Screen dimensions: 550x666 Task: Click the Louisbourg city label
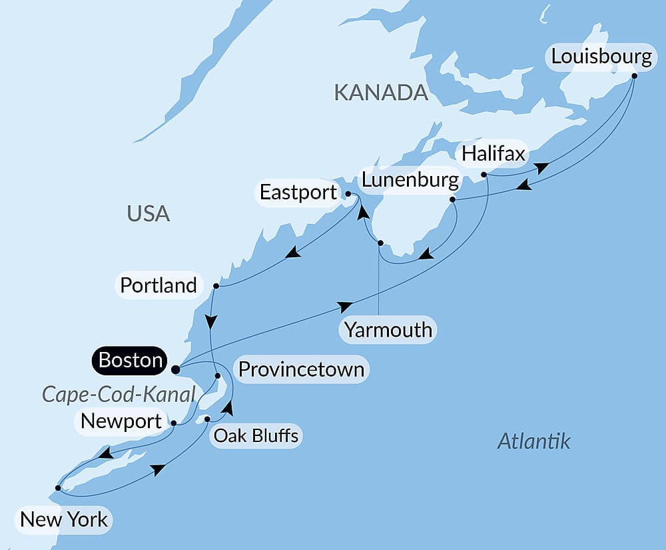pyautogui.click(x=601, y=57)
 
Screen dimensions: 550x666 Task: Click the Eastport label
pyautogui.click(x=298, y=193)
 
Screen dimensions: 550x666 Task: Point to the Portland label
pyautogui.click(x=159, y=285)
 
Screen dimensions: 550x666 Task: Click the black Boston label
pyautogui.click(x=131, y=361)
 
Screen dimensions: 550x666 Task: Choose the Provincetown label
pyautogui.click(x=301, y=369)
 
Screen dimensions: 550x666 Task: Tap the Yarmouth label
pyautogui.click(x=388, y=329)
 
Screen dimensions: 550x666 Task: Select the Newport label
pyautogui.click(x=121, y=421)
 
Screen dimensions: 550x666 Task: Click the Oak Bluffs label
pyautogui.click(x=256, y=436)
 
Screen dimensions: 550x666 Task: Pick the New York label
pyautogui.click(x=64, y=519)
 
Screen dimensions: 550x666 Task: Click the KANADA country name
pyautogui.click(x=380, y=93)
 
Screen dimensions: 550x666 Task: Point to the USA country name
pyautogui.click(x=148, y=214)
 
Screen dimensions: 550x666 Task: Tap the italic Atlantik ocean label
pyautogui.click(x=533, y=441)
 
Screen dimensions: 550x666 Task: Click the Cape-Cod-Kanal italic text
pyautogui.click(x=119, y=394)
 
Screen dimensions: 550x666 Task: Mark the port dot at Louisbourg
pyautogui.click(x=634, y=75)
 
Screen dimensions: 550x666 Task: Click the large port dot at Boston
pyautogui.click(x=175, y=369)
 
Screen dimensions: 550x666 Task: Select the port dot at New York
pyautogui.click(x=58, y=488)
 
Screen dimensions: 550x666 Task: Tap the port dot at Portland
pyautogui.click(x=216, y=286)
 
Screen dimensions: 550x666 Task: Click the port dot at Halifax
pyautogui.click(x=484, y=175)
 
